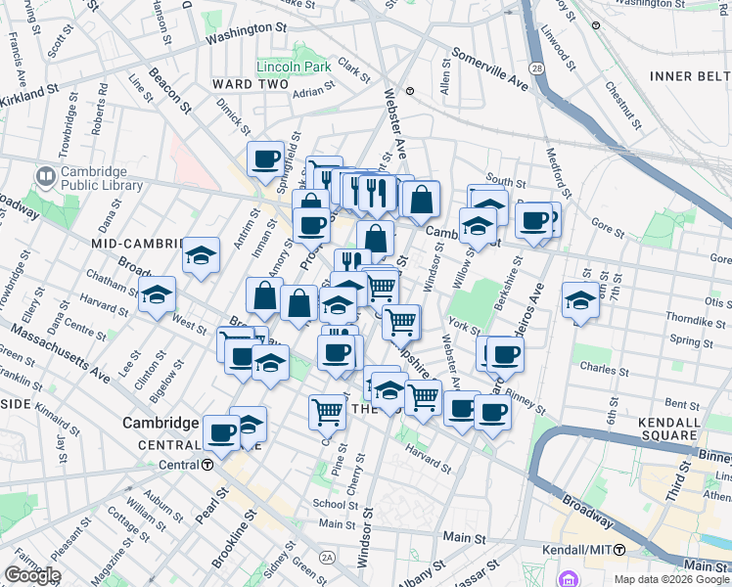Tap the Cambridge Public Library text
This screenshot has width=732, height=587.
[101, 177]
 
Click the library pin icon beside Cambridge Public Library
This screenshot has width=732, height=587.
[44, 176]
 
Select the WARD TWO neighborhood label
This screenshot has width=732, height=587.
[249, 85]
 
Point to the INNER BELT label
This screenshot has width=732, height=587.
[688, 76]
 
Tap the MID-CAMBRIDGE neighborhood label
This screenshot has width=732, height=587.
[137, 243]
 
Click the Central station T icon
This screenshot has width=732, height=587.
[207, 465]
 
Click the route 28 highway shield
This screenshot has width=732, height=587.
[537, 68]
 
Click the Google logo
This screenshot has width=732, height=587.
[33, 575]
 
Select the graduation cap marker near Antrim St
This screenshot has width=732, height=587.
[201, 256]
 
